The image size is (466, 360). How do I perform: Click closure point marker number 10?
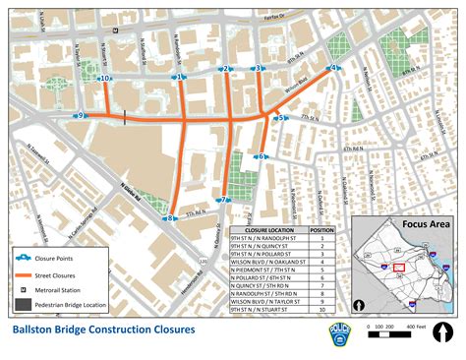(104, 77)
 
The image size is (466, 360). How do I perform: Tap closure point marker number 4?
(334, 68)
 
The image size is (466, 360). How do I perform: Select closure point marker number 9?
(83, 116)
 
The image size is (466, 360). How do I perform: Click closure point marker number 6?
(262, 156)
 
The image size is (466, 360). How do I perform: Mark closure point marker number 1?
(180, 77)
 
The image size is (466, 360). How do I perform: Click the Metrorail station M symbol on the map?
(117, 30)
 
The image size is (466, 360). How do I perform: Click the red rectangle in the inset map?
(398, 268)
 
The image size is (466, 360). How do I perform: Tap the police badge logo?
(336, 333)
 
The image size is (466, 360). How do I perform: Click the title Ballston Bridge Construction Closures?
(102, 330)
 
